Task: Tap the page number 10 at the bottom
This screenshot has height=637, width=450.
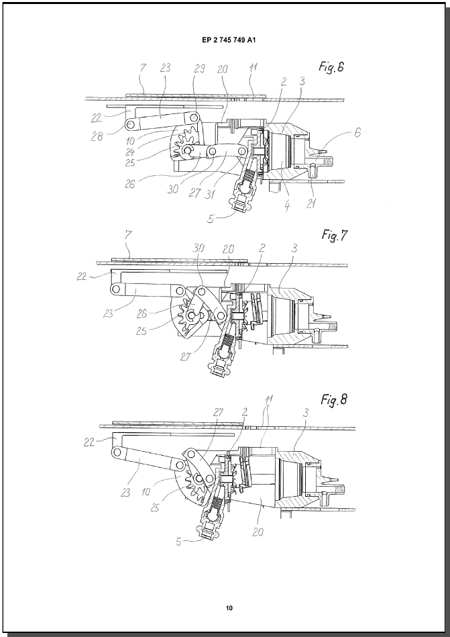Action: [x=229, y=608]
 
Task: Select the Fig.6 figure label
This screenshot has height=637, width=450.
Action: [x=331, y=67]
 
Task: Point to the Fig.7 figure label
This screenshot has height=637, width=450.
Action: [x=335, y=234]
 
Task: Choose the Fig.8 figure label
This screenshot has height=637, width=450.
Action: [x=334, y=400]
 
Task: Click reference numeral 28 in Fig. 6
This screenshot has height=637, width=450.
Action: [x=97, y=136]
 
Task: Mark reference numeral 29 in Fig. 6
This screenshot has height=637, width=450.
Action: [x=199, y=68]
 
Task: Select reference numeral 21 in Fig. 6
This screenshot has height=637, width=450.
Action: [x=312, y=203]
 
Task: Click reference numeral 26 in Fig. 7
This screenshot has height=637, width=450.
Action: [x=142, y=313]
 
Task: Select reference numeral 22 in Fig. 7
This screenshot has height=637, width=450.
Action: [x=82, y=277]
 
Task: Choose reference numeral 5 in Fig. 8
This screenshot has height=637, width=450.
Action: [x=179, y=542]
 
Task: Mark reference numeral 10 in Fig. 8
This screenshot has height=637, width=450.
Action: [x=146, y=492]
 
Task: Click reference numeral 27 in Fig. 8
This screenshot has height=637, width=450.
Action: [x=219, y=412]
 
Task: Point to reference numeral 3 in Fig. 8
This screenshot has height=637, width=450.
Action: [x=306, y=413]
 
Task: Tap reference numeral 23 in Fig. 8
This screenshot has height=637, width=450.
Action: [x=126, y=493]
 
